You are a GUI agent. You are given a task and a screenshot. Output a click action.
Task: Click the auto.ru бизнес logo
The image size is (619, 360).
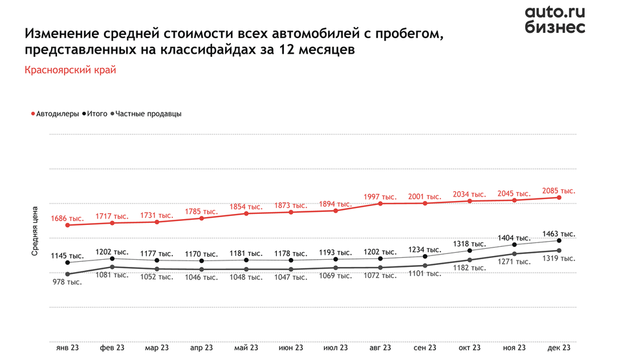pos(554,19)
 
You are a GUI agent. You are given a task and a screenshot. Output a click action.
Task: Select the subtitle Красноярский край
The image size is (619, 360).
pos(70,70)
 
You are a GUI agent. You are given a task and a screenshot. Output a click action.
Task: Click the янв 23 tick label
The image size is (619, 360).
pos(67,348)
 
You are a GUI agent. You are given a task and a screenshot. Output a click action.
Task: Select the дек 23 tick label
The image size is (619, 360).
pos(559,348)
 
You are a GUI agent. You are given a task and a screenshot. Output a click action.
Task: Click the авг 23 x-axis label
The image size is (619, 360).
pos(380,348)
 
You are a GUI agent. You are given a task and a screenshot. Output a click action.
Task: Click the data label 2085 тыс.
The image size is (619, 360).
pos(559,191)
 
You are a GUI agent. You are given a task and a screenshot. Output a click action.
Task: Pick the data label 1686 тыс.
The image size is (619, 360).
pos(67,218)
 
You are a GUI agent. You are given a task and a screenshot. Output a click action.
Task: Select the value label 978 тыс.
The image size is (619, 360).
pos(67,282)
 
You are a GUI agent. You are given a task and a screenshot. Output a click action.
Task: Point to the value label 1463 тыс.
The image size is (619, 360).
pos(559,233)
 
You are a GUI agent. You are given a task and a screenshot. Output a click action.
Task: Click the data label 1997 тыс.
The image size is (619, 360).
pos(380,196)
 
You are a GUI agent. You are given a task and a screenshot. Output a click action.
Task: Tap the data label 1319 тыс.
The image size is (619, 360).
pos(559,259)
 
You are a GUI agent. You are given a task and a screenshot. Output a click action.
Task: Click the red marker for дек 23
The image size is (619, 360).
pos(559,197)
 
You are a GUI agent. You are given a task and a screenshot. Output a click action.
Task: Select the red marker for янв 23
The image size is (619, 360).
pos(67,225)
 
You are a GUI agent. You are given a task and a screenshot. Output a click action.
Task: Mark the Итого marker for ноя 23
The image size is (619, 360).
pos(515,245)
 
